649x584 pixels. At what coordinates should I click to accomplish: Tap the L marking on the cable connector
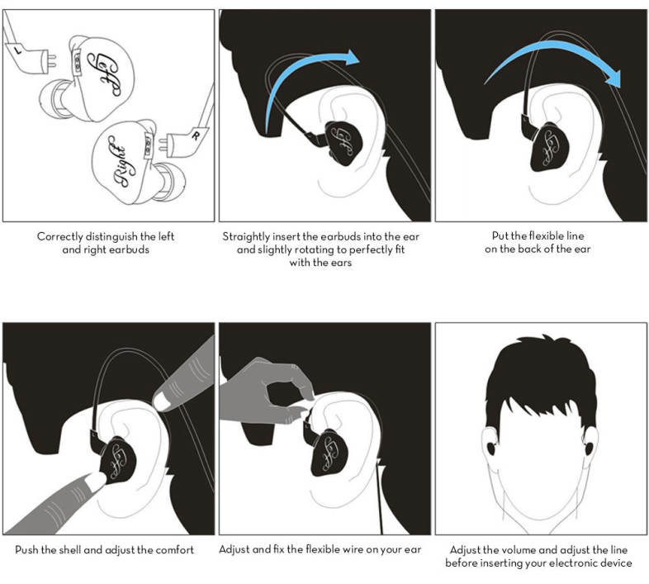pos(17,50)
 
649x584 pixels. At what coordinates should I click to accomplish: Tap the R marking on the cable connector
pos(196,135)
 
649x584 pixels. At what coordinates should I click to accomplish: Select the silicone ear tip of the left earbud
pos(54,99)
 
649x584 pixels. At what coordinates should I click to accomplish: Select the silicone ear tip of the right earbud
pos(170,182)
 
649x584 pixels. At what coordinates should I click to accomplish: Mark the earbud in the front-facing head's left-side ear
pos(490,449)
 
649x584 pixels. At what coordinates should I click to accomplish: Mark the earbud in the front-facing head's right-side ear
pos(588,449)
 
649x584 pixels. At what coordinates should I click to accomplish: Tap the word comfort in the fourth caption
pos(175,550)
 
